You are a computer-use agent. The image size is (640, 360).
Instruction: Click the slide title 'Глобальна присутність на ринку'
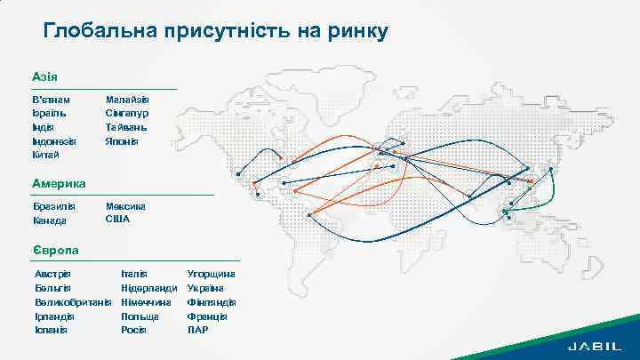click(216, 32)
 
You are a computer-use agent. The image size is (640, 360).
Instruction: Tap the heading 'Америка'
click(59, 183)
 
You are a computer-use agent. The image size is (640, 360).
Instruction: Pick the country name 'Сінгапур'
click(127, 114)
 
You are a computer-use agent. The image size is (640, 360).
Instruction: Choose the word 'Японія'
click(123, 140)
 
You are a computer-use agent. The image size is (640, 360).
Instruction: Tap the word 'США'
click(117, 219)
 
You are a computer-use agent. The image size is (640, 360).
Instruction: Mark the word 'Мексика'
click(125, 206)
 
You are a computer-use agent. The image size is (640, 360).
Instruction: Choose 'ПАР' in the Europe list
click(198, 330)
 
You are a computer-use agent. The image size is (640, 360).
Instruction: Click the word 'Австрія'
click(52, 274)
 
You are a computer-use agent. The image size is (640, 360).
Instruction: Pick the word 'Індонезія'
click(54, 140)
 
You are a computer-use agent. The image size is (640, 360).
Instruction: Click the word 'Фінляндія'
click(211, 302)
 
